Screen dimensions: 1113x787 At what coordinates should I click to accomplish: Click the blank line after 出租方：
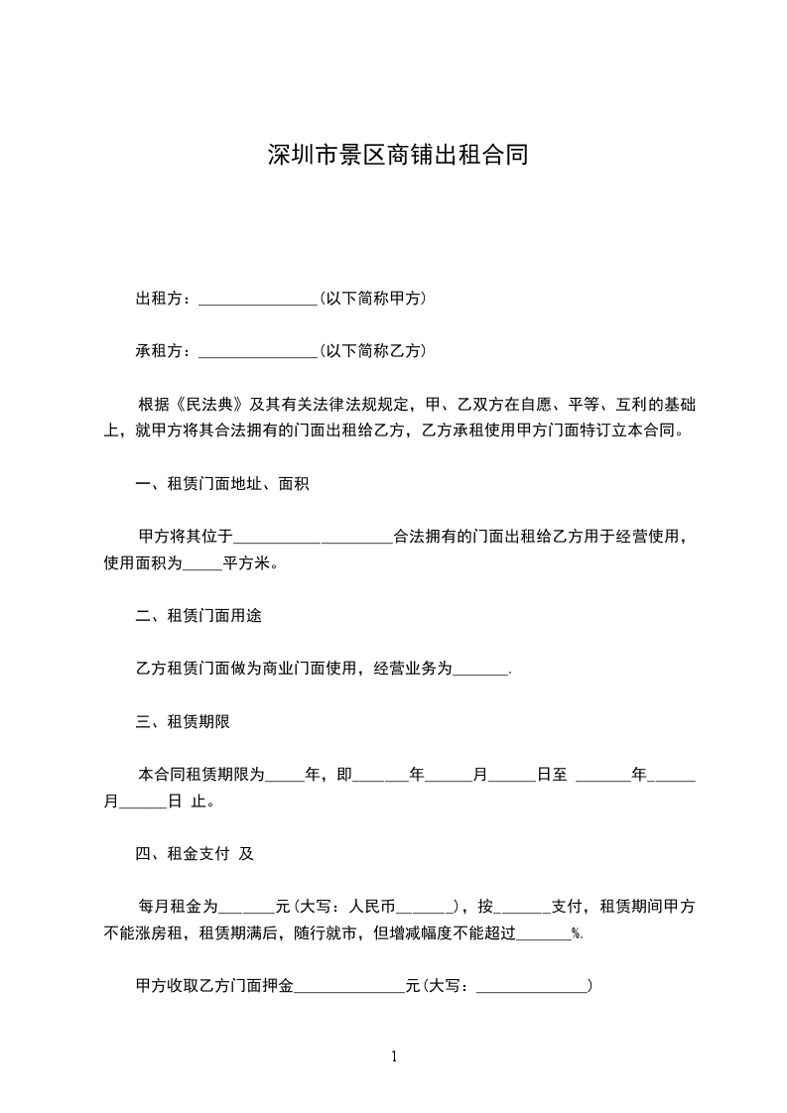click(x=257, y=299)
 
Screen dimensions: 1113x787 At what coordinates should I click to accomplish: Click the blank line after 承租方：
click(x=257, y=351)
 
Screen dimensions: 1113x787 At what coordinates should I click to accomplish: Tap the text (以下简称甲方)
click(x=373, y=298)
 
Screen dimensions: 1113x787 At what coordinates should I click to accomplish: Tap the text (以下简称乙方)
click(x=373, y=350)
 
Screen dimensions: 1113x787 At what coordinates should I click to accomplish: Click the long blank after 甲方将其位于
click(x=313, y=538)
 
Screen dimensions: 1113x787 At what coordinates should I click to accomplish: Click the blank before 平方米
click(x=202, y=564)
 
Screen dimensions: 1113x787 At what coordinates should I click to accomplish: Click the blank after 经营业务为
click(x=480, y=670)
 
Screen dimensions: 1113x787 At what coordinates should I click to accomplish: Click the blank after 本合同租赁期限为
click(x=285, y=776)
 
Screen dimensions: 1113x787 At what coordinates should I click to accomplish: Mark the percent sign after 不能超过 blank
click(x=577, y=933)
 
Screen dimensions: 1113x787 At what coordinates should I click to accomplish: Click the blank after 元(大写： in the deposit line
click(x=532, y=987)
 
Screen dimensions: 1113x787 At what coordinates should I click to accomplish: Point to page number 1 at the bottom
click(x=394, y=1056)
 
